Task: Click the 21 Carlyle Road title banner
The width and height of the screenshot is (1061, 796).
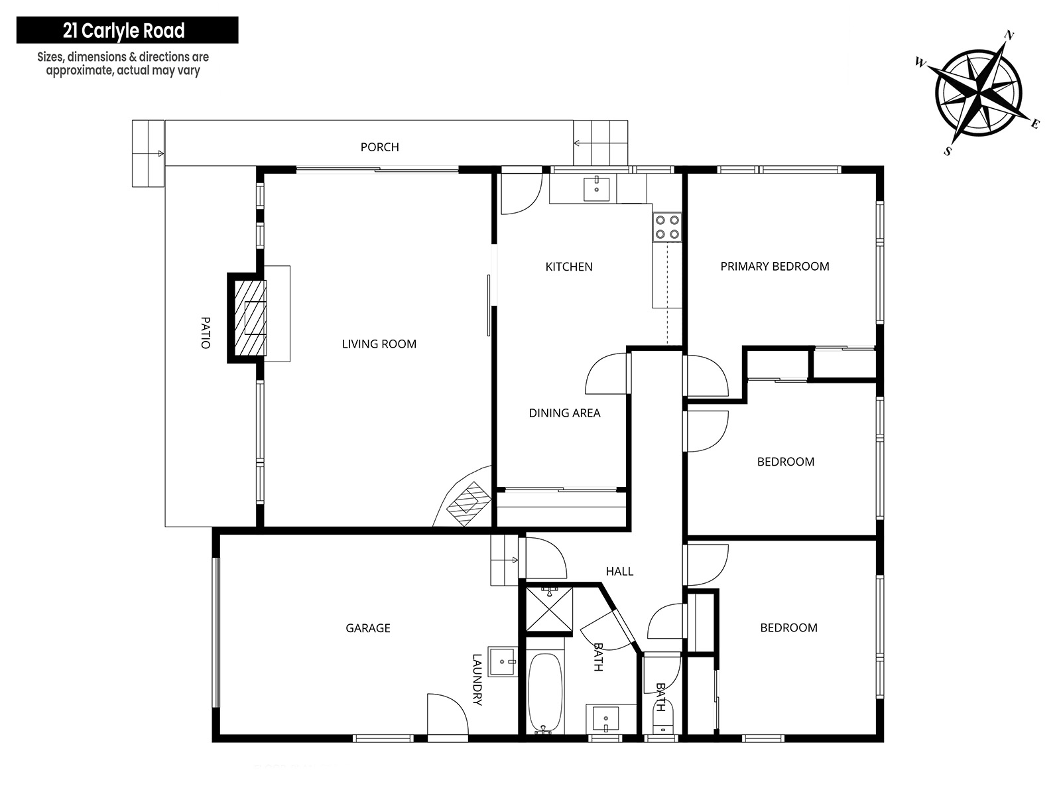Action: click(x=127, y=30)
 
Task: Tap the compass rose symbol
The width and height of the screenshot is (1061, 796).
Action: click(x=978, y=93)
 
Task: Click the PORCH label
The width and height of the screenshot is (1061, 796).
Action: click(x=379, y=147)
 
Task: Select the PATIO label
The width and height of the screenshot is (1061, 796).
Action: click(x=206, y=332)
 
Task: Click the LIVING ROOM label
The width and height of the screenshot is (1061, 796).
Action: click(x=379, y=344)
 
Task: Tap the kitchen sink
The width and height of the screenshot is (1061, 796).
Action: click(x=596, y=188)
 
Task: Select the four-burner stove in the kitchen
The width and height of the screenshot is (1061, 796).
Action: click(x=667, y=227)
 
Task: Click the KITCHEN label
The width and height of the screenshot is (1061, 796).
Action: click(x=569, y=267)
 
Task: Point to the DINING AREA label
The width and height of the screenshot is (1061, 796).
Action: click(x=564, y=413)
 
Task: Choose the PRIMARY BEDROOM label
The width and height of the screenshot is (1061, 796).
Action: click(x=775, y=266)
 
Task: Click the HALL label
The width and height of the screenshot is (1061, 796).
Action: click(x=619, y=571)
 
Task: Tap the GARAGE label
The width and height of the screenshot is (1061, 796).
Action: click(x=368, y=628)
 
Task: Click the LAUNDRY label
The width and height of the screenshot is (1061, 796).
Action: click(x=477, y=679)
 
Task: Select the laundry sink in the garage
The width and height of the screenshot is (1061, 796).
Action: click(x=502, y=661)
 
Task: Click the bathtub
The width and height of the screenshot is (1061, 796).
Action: click(x=545, y=693)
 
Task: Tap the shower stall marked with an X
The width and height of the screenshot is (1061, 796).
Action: click(x=549, y=609)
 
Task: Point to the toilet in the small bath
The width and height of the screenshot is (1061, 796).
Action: click(x=661, y=718)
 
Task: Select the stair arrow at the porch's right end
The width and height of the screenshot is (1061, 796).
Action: click(x=583, y=143)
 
